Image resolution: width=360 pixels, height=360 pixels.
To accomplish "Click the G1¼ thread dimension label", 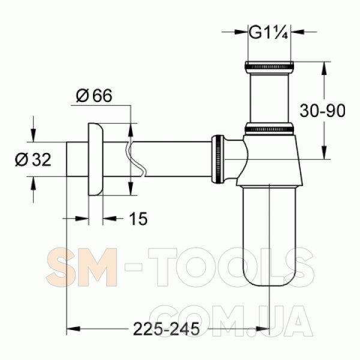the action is (x=268, y=34).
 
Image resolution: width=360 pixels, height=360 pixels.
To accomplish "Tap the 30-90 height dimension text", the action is (x=322, y=111).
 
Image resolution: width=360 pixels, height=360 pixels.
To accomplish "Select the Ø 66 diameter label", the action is (x=94, y=95).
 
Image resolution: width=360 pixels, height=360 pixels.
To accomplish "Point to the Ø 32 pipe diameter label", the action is (x=33, y=160).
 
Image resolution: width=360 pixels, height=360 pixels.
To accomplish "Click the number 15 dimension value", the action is (x=138, y=218).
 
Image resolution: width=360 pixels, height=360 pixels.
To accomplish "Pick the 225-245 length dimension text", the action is (x=166, y=329).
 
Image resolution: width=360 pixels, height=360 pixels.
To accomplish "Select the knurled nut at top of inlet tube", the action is (x=269, y=67).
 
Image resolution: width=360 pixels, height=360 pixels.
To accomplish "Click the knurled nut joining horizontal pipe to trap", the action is (x=218, y=160).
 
